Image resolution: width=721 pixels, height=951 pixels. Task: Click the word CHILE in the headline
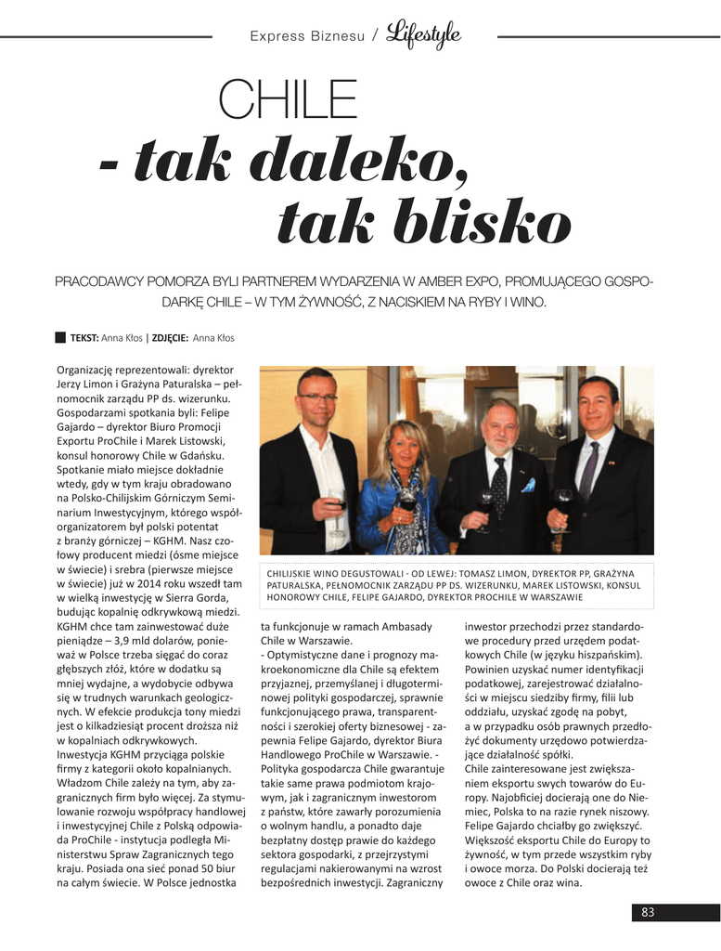tap(287, 102)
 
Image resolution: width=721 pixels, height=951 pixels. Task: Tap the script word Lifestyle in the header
tap(424, 35)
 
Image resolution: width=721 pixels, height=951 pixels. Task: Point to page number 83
tap(647, 913)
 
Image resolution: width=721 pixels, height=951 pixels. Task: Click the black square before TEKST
tap(61, 338)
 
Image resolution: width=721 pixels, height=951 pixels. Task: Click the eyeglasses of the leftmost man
tap(318, 397)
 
